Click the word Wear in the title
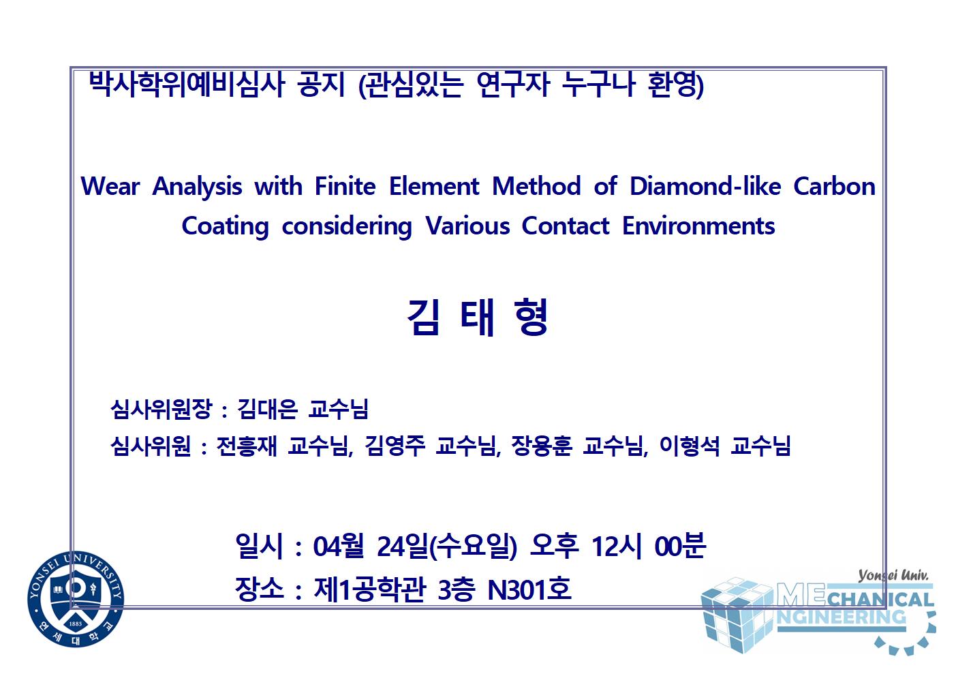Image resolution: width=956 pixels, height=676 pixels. pos(110,187)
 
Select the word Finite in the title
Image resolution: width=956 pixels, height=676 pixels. pos(345,187)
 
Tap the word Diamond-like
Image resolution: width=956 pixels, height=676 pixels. pos(705,187)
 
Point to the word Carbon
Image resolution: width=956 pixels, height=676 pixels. pos(834,187)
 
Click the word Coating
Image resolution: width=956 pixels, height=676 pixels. pos(225,227)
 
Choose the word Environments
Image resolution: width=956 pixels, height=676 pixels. pos(698,226)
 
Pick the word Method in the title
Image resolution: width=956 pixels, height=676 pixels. pos(536,187)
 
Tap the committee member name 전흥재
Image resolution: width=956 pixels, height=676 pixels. pos(247,446)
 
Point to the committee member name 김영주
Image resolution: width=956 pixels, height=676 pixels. pos(395,446)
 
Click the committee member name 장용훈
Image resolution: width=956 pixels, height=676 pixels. pos(541,446)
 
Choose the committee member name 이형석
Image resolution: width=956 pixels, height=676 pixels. pos(690,446)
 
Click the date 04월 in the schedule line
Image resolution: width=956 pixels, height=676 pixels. pos(339,546)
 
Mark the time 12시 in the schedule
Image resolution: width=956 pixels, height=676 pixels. pos(616,546)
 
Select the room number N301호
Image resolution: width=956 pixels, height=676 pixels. pos(529,589)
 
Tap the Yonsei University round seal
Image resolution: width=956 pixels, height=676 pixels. pos(76,599)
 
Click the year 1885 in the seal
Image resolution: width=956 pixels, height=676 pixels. pos(75,624)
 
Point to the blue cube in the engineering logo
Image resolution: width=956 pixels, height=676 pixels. pos(737,615)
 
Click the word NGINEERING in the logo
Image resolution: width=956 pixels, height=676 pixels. pos(841,617)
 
